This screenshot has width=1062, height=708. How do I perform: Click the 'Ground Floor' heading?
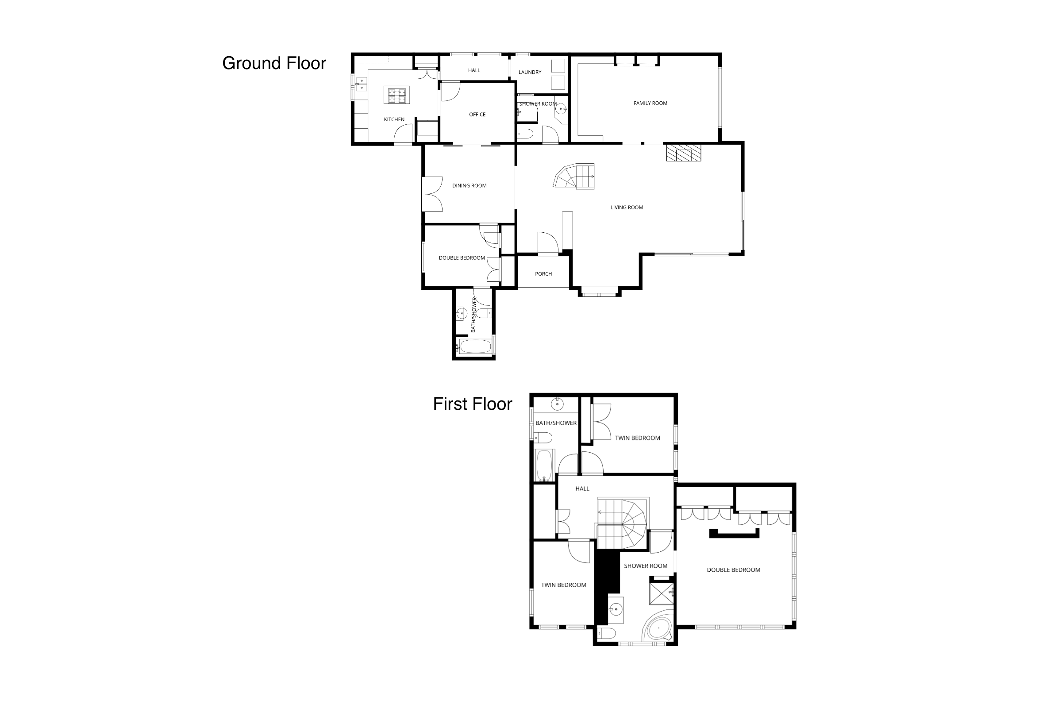coord(274,64)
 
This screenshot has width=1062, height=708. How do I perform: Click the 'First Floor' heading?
coord(472,404)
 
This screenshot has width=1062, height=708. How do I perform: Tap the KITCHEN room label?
coord(394,119)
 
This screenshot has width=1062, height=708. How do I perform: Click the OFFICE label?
coord(477,115)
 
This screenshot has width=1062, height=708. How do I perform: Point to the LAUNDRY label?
coord(530,72)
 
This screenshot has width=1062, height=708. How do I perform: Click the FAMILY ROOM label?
coord(650,104)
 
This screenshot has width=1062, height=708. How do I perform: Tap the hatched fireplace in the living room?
coord(684,152)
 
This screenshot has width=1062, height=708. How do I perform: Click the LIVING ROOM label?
coord(627,208)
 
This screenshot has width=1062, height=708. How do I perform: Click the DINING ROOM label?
coord(469,185)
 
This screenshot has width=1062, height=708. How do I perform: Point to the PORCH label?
coord(543,274)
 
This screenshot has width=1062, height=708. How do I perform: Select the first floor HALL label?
coord(582,489)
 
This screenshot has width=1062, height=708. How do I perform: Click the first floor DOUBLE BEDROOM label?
coord(733,570)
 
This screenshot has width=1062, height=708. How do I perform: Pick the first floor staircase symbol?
coord(623,524)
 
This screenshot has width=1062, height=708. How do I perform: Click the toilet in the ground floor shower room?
coord(525,134)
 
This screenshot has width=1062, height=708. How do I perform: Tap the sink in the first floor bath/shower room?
coord(557,403)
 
